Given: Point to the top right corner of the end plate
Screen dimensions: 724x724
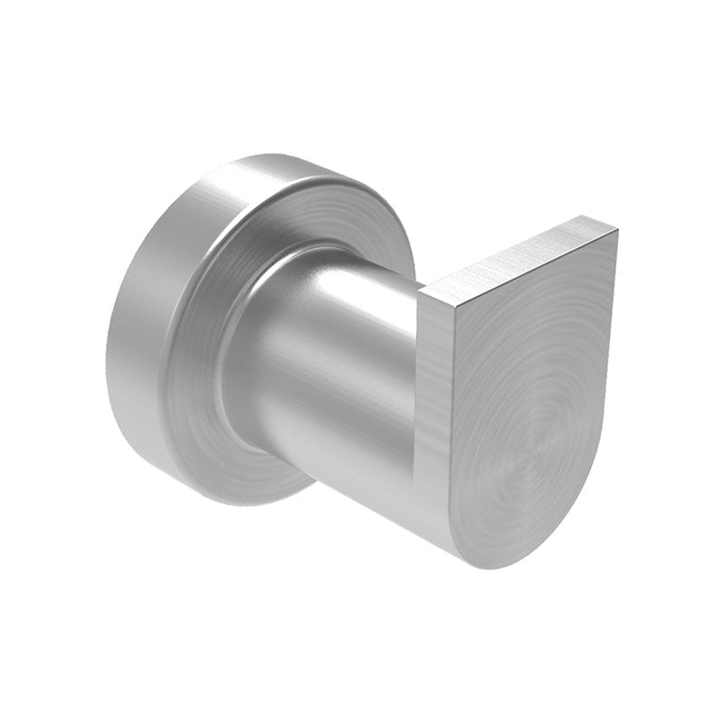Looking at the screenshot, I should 617,230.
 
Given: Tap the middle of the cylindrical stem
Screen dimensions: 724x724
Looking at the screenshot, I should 344,380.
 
